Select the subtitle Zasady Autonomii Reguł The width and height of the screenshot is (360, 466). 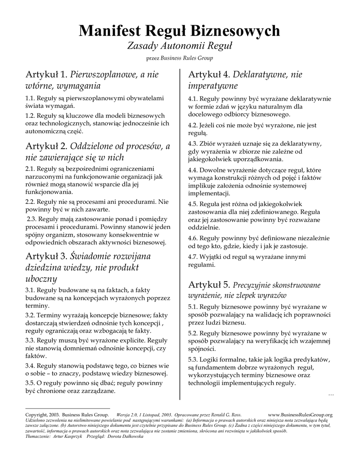click(180, 46)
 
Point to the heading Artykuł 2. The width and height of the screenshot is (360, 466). click(46, 147)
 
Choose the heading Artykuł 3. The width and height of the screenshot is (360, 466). click(46, 256)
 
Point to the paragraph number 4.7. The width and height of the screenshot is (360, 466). click(193, 256)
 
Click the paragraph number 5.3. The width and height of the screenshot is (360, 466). click(193, 360)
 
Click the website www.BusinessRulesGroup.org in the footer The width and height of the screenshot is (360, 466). click(300, 415)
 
